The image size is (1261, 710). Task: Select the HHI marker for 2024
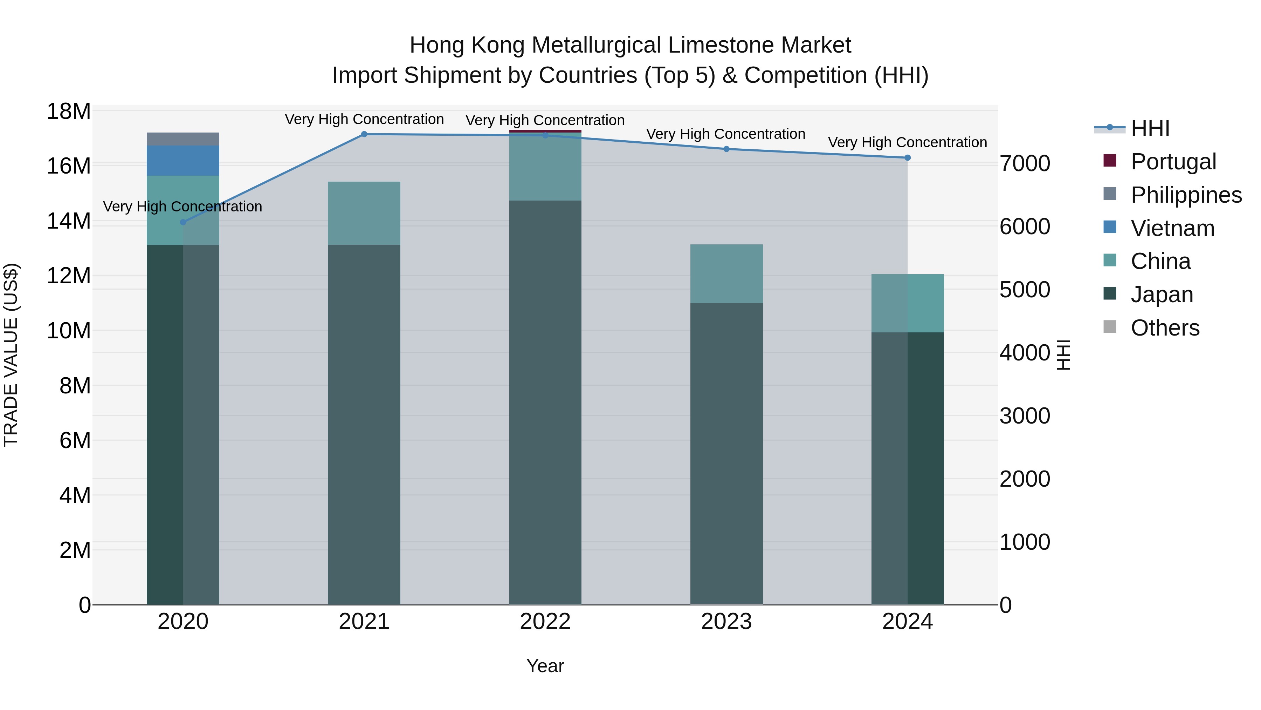(x=907, y=158)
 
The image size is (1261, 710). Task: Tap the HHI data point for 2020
(x=183, y=222)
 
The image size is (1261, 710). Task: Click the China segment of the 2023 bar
(x=726, y=273)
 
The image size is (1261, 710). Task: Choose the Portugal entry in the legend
(x=1173, y=162)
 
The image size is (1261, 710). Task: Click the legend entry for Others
(x=1165, y=328)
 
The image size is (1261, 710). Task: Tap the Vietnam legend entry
(x=1172, y=228)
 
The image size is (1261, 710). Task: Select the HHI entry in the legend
(x=1150, y=128)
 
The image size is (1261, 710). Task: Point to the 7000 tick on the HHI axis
(x=1025, y=164)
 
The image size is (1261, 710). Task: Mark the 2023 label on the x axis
(x=726, y=622)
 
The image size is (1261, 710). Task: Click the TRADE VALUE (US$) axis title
(x=11, y=355)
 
